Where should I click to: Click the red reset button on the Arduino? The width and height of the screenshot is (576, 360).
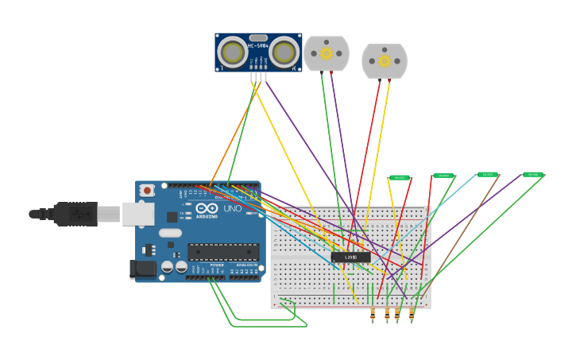(x=147, y=191)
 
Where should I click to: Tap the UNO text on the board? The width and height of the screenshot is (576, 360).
(x=232, y=209)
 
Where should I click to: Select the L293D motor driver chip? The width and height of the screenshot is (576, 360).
(x=350, y=257)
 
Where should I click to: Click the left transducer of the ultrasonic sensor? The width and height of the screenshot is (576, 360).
(x=233, y=52)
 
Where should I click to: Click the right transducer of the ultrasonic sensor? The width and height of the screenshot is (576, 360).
(x=284, y=52)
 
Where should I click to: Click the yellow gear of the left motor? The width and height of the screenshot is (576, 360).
(x=326, y=53)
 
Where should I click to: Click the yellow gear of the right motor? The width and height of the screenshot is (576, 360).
(x=385, y=61)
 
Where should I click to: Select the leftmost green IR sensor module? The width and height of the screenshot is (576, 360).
(x=400, y=178)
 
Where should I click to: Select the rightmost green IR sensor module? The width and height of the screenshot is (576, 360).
(x=532, y=174)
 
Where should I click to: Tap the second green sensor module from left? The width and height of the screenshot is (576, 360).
(x=443, y=176)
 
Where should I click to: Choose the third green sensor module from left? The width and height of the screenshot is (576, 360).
(x=487, y=174)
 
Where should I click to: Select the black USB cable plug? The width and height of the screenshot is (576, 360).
(x=75, y=214)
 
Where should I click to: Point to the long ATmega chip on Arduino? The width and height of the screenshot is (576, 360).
(x=223, y=252)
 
